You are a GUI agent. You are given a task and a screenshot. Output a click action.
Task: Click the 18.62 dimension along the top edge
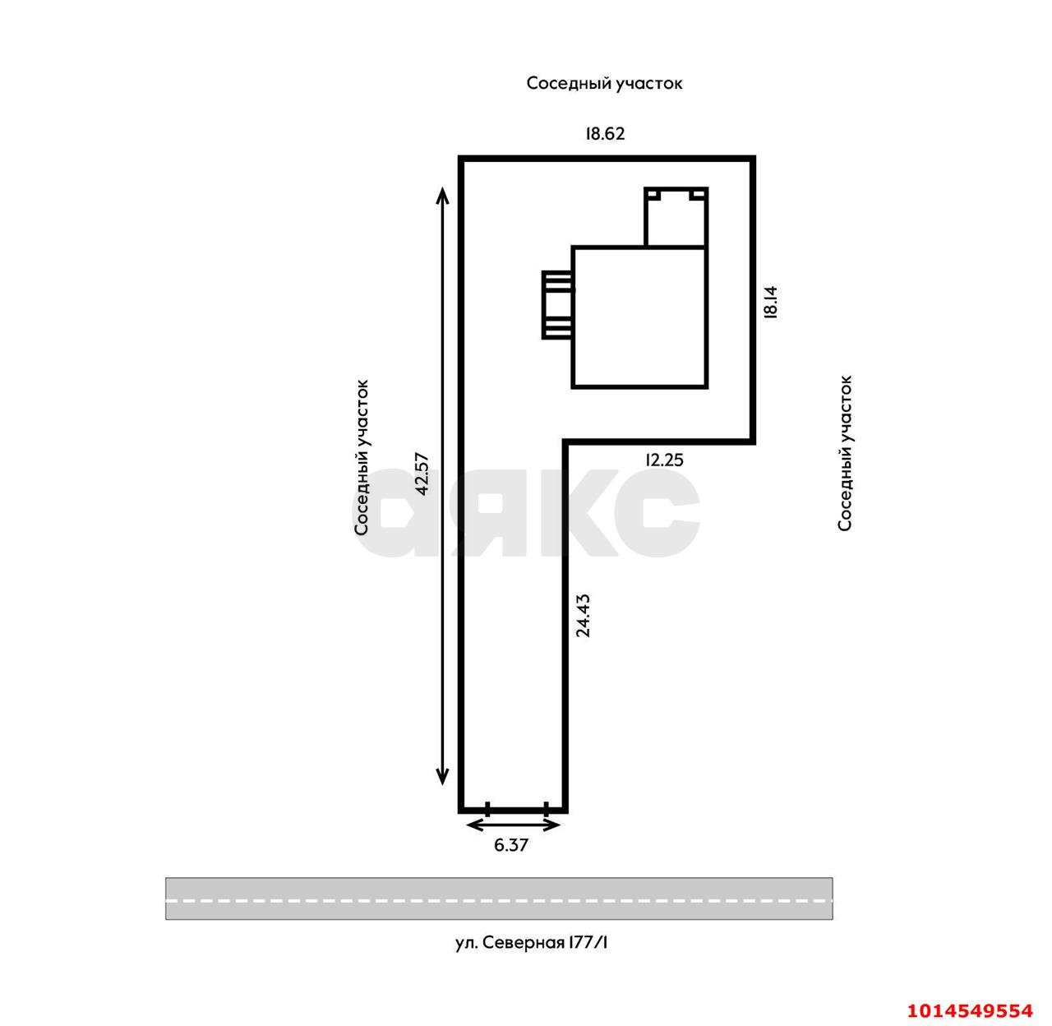pos(605,133)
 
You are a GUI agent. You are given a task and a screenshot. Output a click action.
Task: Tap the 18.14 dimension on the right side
pos(770,302)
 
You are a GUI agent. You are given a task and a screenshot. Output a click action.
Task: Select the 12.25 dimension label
pos(664,460)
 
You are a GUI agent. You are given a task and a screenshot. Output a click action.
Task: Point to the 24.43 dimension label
pos(583,616)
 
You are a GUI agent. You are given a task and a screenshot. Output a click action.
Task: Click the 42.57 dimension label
pos(422,473)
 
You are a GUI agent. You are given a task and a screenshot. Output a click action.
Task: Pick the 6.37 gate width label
pos(511,844)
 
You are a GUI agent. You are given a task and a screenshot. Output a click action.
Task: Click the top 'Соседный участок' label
pos(604,83)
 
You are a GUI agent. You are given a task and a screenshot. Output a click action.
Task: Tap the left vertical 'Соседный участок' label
pos(362,458)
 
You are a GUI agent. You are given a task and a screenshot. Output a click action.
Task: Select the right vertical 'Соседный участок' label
pos(845,453)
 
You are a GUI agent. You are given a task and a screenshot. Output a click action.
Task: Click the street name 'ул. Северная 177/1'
pos(532,943)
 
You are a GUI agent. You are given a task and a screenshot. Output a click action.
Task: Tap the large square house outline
pos(639,317)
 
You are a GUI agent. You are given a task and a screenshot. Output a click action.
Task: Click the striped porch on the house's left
pos(557,304)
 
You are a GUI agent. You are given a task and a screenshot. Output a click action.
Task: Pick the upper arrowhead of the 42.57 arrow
pos(442,196)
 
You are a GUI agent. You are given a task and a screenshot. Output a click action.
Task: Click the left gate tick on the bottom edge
pos(487,809)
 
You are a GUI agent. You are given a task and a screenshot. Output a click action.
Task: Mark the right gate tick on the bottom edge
pos(547,809)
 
